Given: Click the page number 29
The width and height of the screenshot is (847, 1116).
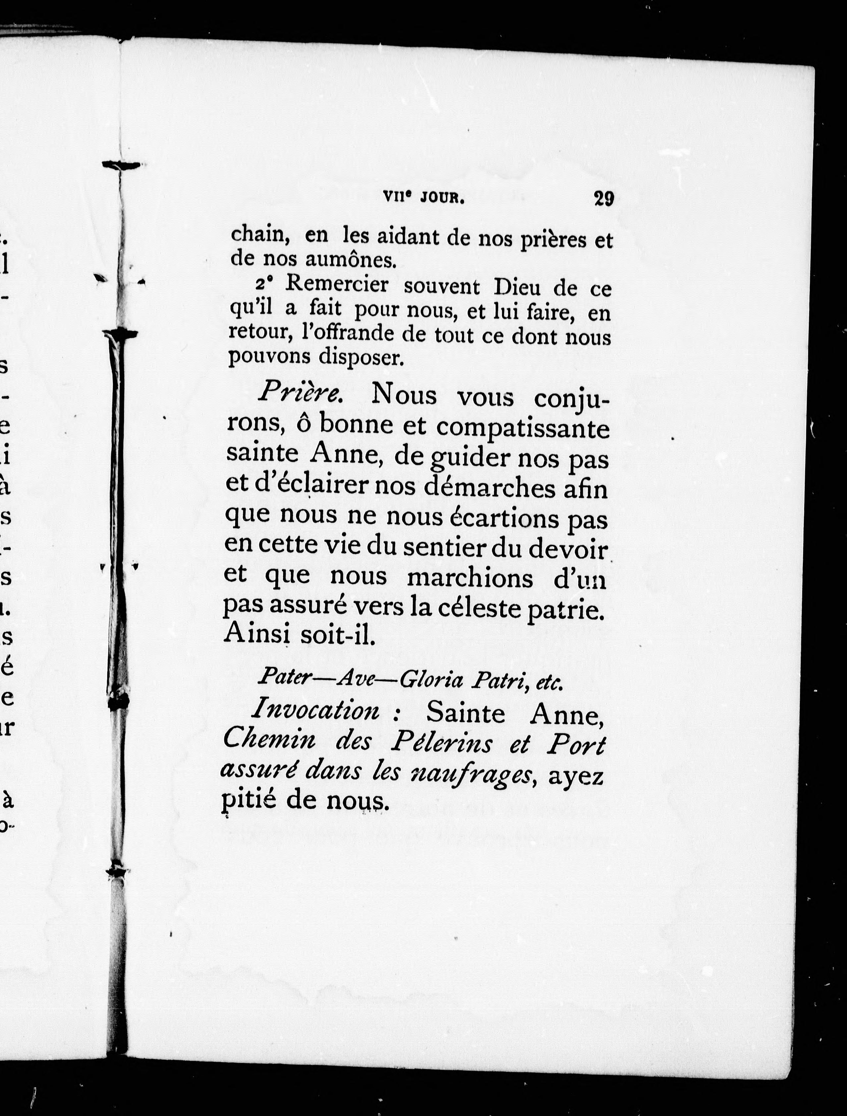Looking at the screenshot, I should [604, 198].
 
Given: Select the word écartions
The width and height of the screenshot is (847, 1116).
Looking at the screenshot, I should [504, 518].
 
